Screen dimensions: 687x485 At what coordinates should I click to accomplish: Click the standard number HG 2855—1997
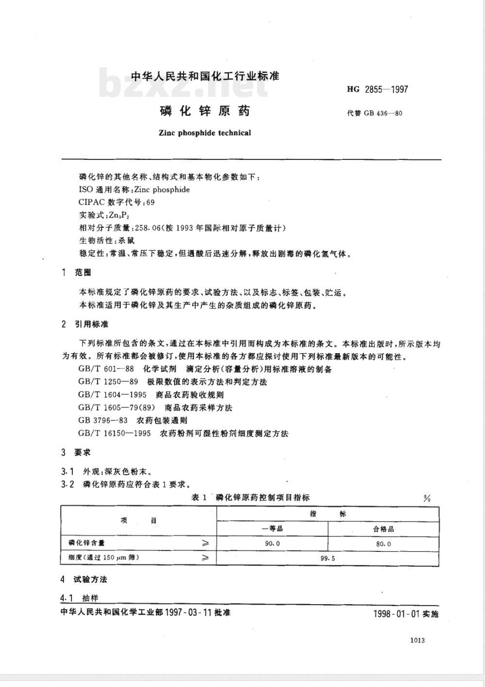coord(378,89)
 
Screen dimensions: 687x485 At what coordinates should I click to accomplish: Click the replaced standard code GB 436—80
coord(374,114)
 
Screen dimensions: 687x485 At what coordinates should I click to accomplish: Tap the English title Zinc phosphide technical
coord(205,133)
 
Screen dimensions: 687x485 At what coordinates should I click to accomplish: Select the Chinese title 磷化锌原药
coord(205,111)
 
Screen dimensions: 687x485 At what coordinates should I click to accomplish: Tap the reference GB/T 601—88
coord(106,369)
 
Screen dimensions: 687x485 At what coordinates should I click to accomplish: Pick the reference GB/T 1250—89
coord(108,382)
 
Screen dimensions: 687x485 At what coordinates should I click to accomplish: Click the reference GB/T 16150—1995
coord(114,433)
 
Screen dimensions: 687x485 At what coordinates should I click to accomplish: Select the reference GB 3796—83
coord(103,420)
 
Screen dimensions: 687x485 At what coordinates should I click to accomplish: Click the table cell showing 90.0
coord(272,544)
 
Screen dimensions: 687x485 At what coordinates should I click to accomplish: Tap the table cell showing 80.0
coord(383,544)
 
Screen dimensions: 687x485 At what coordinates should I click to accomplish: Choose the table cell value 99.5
coord(328,558)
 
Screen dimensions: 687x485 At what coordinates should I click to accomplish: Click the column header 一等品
coord(272,529)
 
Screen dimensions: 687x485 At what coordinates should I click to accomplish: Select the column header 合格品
coord(383,529)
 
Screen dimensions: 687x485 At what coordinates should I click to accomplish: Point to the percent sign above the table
coord(427,499)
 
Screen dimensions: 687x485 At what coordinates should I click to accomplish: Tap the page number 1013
coord(417,640)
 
